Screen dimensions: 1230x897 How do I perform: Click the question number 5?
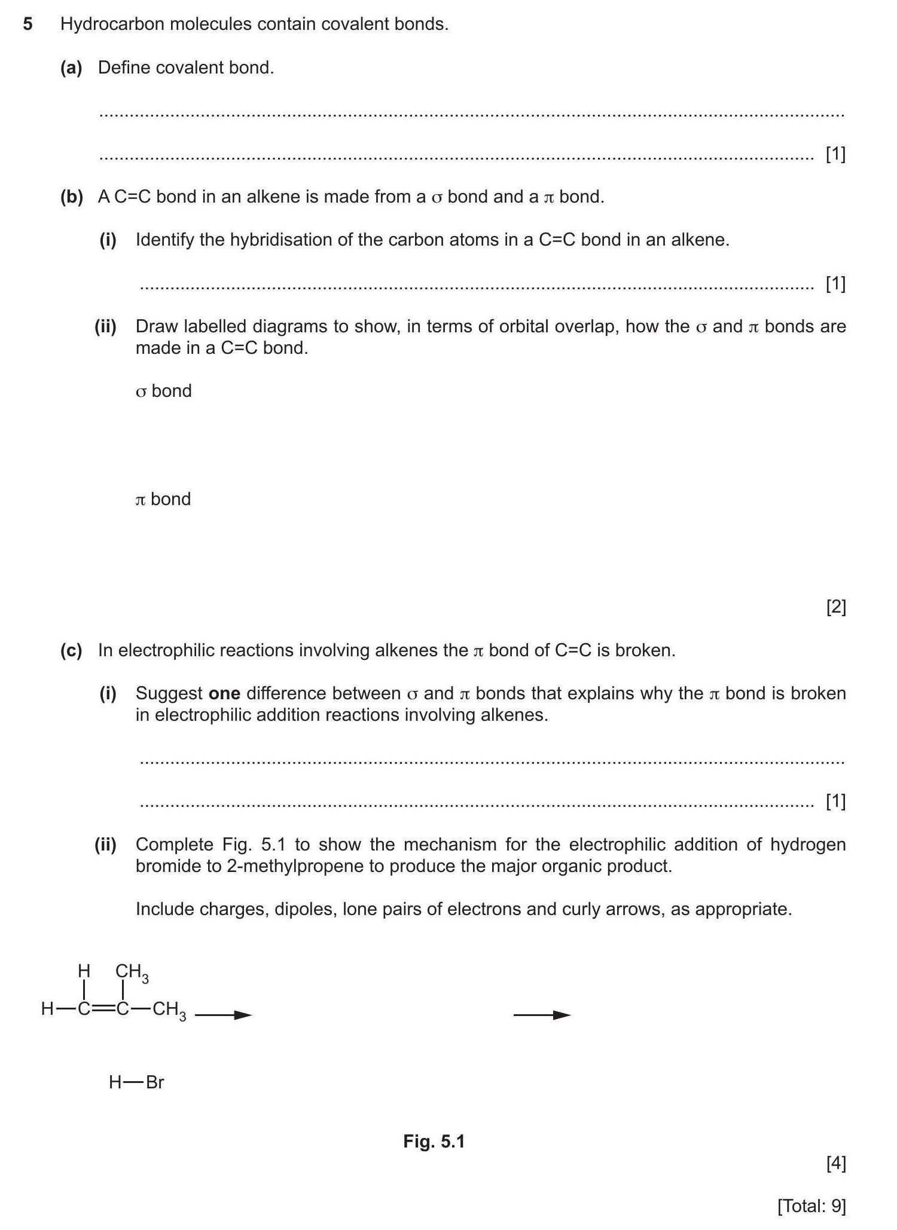coord(28,25)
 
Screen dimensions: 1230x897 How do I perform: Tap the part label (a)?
coord(71,68)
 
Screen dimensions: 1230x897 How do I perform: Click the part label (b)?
coord(71,197)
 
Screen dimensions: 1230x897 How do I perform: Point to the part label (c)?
coord(71,650)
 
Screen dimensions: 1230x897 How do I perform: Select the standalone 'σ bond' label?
coord(164,391)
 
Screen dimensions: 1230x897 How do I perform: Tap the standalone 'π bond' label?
coord(163,499)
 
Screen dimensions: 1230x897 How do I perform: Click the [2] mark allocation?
coord(835,607)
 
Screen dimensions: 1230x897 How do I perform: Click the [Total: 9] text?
coord(811,1206)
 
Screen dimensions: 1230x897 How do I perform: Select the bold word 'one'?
coord(224,693)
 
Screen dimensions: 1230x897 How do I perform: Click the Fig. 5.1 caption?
coord(434,1142)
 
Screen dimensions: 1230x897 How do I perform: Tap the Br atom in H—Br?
coord(155,1082)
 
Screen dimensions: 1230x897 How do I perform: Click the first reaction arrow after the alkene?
coord(223,1015)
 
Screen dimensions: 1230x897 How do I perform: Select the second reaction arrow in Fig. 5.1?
coord(542,1015)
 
